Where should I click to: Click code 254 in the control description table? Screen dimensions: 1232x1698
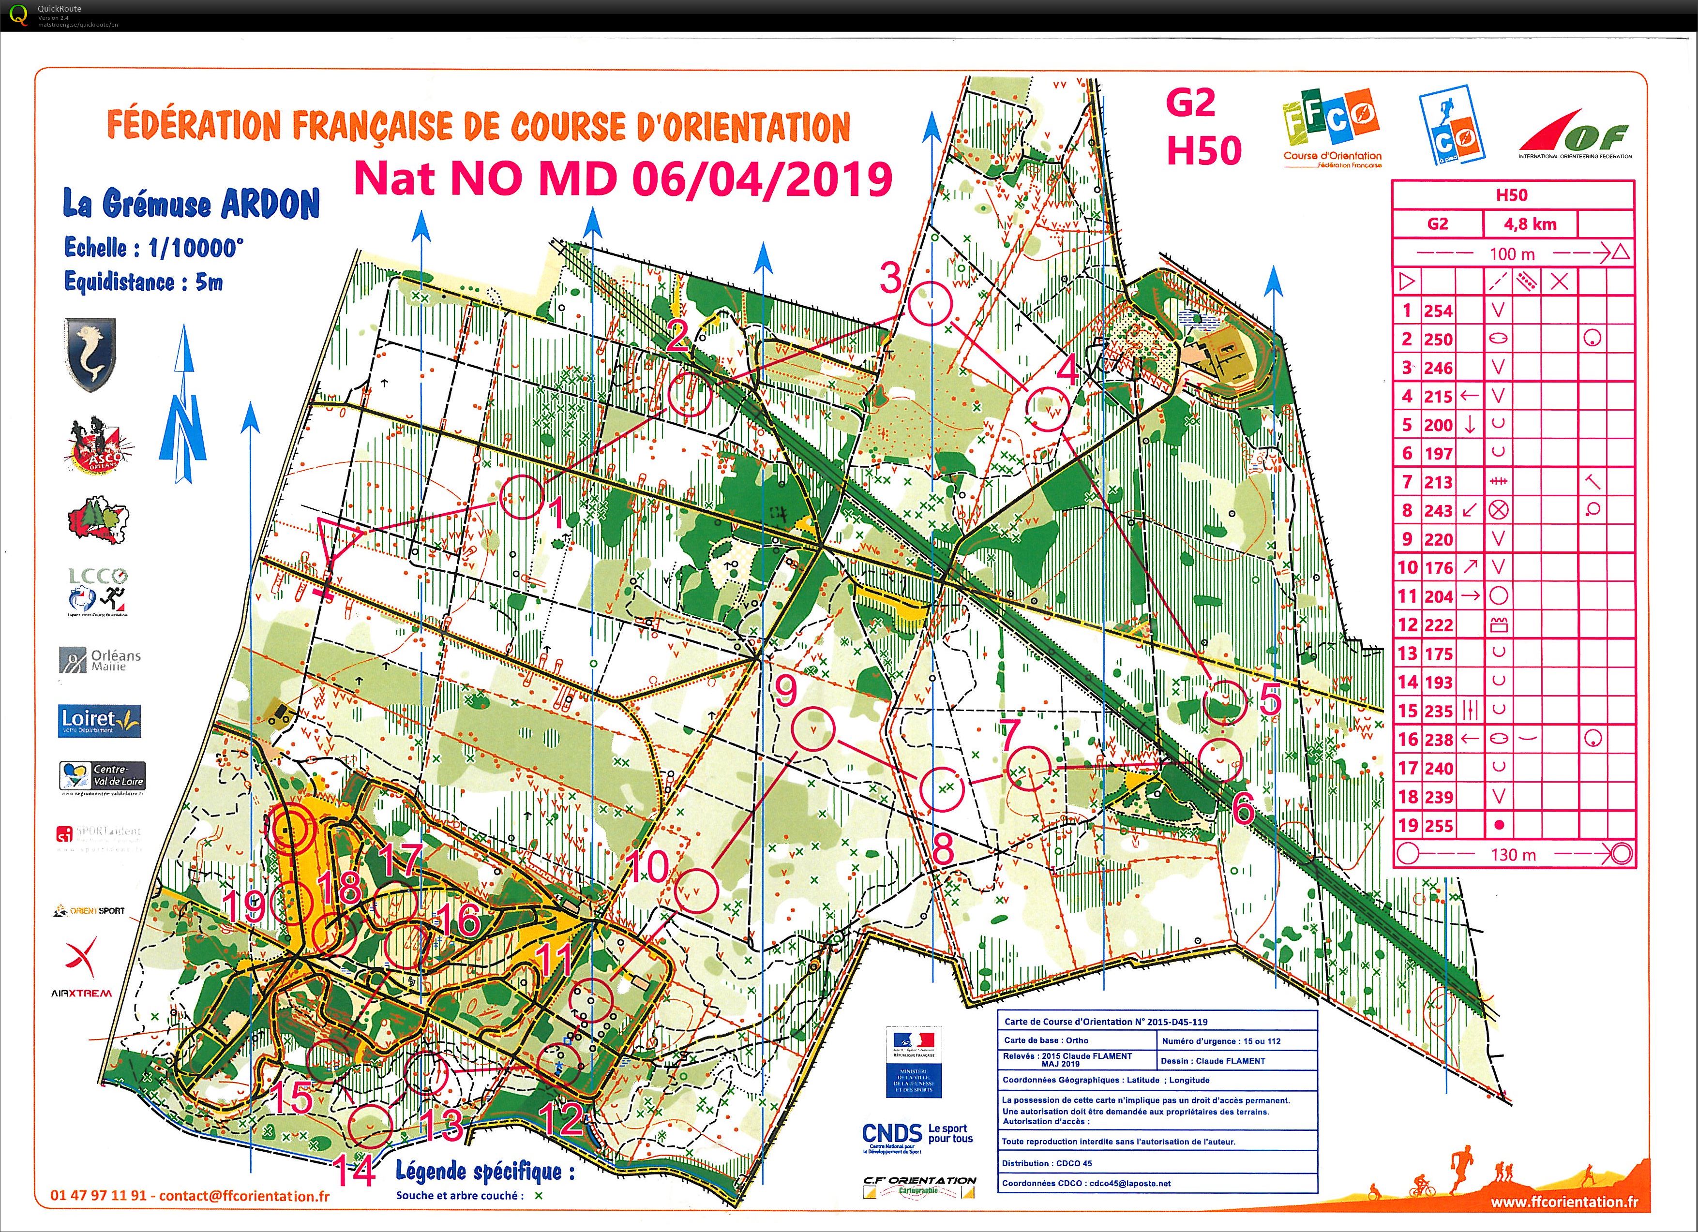click(1438, 311)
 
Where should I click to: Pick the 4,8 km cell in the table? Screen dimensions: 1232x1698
click(1530, 224)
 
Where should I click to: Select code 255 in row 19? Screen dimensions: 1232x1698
click(1438, 826)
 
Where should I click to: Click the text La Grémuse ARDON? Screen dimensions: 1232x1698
click(191, 204)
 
